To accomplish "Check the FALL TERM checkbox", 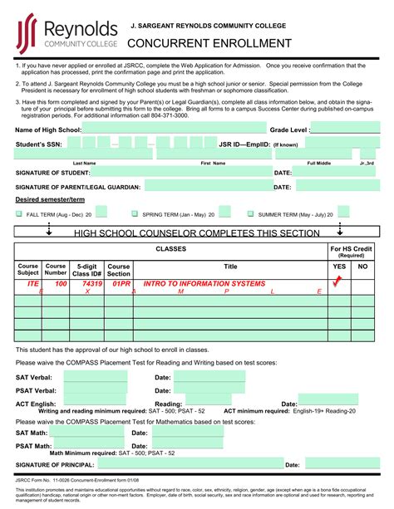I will (x=19, y=214).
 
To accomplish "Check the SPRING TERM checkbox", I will (x=135, y=214).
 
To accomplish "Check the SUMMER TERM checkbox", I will (x=251, y=214).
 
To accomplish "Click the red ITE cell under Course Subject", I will (x=33, y=284).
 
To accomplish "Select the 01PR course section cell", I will (x=121, y=284).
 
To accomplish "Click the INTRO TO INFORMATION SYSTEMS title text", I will (x=204, y=284).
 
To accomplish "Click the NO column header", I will (x=362, y=267).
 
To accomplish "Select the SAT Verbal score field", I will (x=96, y=377).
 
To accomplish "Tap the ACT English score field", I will (x=96, y=404).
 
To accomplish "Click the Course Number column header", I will (x=56, y=269).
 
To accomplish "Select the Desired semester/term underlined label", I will (x=49, y=200).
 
